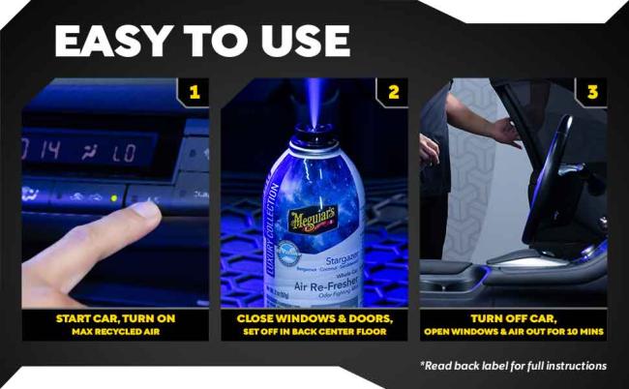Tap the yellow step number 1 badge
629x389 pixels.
coord(195,93)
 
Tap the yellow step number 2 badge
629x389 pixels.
coord(394,93)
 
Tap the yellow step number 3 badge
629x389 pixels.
coord(592,93)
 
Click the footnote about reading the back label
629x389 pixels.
coord(513,366)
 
